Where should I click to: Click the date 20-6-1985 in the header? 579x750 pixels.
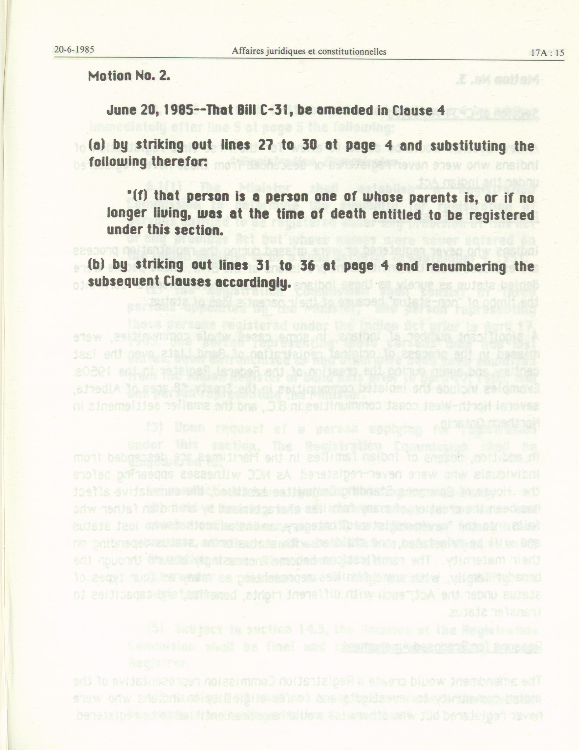click(x=74, y=50)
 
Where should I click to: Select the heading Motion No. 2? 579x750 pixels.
click(x=129, y=76)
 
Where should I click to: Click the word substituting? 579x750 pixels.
click(x=469, y=146)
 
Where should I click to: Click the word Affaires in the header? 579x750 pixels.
click(x=246, y=52)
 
